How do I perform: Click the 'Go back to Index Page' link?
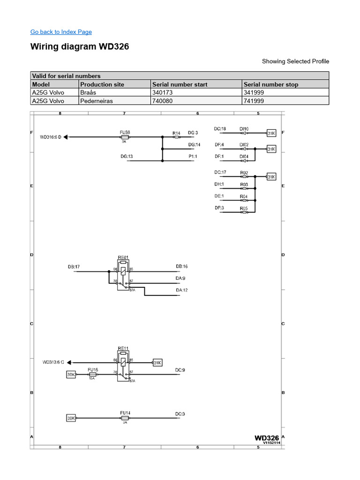61,32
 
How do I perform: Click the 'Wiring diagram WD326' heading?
79,47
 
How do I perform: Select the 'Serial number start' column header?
180,84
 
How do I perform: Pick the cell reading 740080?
163,101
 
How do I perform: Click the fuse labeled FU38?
125,137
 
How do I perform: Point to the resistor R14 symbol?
176,137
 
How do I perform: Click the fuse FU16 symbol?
93,375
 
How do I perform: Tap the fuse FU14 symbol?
125,418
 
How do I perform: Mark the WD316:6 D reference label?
51,137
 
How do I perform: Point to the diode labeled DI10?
244,133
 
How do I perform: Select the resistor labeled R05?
244,212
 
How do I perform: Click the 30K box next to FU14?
71,418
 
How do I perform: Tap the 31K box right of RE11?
157,362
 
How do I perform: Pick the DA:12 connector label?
182,291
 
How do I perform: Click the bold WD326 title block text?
267,437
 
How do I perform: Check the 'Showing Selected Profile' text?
295,61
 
